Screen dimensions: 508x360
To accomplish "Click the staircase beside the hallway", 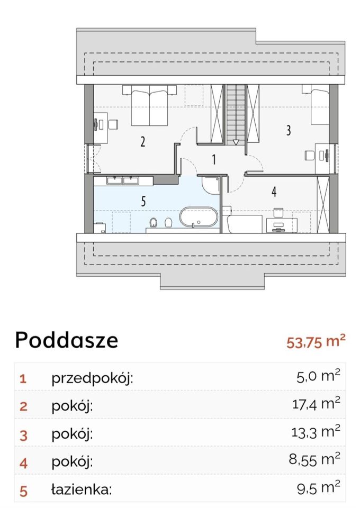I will point(237,114).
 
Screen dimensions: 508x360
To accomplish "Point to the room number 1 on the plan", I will point(213,159).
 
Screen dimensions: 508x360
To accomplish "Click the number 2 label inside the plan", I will point(143,142).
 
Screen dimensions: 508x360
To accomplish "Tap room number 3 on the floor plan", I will point(289,130).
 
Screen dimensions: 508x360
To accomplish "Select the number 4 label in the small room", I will point(274,192).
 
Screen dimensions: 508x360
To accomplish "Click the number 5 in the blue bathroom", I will point(143,201).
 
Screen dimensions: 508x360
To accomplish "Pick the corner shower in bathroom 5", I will point(210,185).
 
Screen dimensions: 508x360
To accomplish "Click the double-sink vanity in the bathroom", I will point(122,180).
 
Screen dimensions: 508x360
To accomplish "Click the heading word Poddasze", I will point(66,340).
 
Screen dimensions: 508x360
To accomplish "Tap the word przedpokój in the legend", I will point(92,378).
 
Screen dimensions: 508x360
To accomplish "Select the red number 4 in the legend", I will point(23,462).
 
